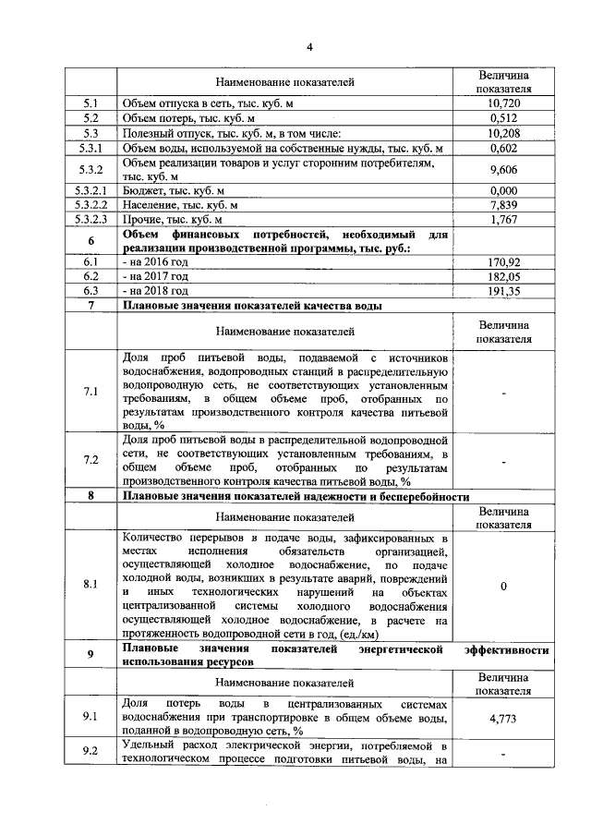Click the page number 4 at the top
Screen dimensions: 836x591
309,47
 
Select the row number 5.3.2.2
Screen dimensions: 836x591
90,205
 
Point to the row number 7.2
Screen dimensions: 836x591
90,459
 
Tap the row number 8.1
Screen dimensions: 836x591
90,585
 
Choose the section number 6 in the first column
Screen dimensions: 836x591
90,241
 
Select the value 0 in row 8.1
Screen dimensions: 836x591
503,585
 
